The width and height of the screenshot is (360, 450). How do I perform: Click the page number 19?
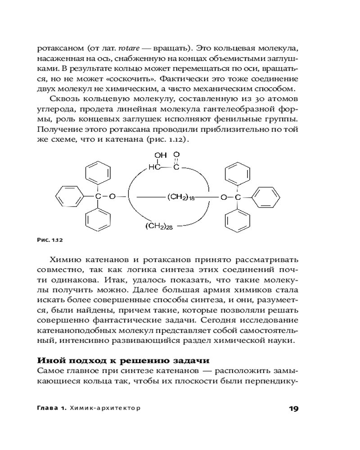pyautogui.click(x=293, y=408)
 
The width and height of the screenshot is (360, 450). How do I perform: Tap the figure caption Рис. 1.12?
pyautogui.click(x=49, y=240)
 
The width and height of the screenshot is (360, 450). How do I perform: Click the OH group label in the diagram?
pyautogui.click(x=160, y=155)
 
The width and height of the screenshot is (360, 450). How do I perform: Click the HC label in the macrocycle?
pyautogui.click(x=154, y=167)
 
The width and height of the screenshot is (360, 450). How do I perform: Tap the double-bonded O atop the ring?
pyautogui.click(x=177, y=155)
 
